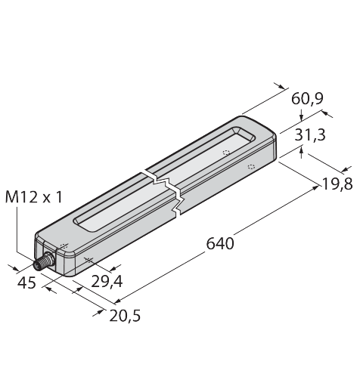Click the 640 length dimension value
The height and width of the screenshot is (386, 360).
pos(220,243)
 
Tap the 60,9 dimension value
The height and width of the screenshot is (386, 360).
pos(307,98)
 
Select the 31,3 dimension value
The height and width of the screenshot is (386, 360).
pos(310,134)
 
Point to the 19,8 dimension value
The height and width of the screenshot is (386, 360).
pos(337,184)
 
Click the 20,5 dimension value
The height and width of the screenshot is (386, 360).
pos(125,316)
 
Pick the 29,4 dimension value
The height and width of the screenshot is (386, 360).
pos(107,281)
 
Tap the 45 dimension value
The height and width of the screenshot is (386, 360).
pos(26,283)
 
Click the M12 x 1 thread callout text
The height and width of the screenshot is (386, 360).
pos(33,197)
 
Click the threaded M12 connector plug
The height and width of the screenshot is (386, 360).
pos(43,262)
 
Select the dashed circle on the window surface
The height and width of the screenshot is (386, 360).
pos(226,153)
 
